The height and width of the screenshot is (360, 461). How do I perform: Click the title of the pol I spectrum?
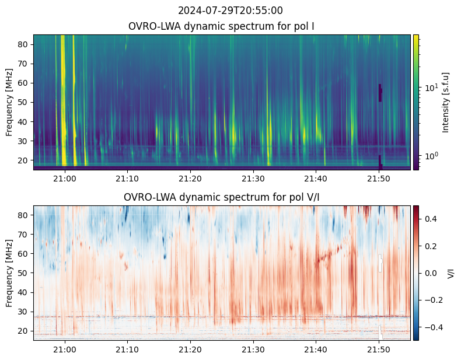(x=221, y=26)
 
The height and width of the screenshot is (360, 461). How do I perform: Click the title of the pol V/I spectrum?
(x=221, y=197)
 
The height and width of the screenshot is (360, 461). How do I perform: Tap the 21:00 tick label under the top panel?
(x=65, y=179)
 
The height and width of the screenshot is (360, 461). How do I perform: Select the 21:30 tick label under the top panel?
(x=253, y=179)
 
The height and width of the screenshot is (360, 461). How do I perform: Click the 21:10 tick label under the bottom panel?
(x=127, y=349)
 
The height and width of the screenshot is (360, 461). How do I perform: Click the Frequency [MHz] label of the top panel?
(x=10, y=102)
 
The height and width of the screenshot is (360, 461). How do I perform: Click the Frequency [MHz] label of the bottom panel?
(x=10, y=273)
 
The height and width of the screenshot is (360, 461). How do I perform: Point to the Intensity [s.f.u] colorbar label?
(x=446, y=102)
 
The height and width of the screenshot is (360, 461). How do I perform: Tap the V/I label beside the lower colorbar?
(x=451, y=273)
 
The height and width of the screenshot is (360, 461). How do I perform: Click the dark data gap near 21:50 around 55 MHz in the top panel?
(x=380, y=93)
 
